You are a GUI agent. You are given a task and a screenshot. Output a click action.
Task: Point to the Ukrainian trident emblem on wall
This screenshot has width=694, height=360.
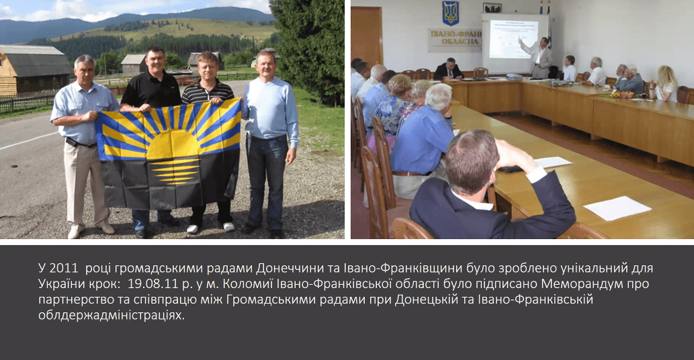click(451, 13)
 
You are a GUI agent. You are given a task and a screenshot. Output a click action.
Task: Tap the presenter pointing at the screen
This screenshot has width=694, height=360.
click(537, 57)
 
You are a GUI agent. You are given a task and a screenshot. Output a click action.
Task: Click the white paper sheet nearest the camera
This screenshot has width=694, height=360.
click(617, 208)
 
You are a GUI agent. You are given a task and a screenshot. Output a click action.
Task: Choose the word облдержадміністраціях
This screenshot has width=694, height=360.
click(111, 316)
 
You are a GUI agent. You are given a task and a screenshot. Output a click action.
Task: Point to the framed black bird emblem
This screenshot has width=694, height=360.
click(492, 7)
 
